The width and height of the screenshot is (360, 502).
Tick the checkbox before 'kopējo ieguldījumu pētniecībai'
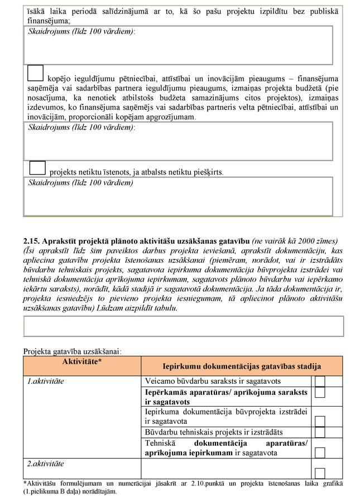35,74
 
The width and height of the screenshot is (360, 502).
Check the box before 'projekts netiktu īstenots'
37,168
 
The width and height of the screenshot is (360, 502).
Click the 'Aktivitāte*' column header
82,362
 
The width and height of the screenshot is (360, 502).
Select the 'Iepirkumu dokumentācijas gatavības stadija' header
241,366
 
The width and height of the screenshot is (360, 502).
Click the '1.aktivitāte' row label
46,382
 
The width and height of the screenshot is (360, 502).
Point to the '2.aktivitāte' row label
46,464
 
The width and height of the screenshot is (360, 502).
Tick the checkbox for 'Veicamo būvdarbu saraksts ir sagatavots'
320,382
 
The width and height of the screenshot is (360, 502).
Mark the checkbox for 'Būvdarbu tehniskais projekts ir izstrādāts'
320,432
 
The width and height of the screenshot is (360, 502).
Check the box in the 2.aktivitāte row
320,473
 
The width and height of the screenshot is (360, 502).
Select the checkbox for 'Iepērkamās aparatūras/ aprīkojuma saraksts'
320,392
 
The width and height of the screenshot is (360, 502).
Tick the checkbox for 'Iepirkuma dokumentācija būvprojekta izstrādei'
320,421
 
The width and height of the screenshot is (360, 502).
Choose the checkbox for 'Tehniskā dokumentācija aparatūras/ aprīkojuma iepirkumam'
320,452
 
